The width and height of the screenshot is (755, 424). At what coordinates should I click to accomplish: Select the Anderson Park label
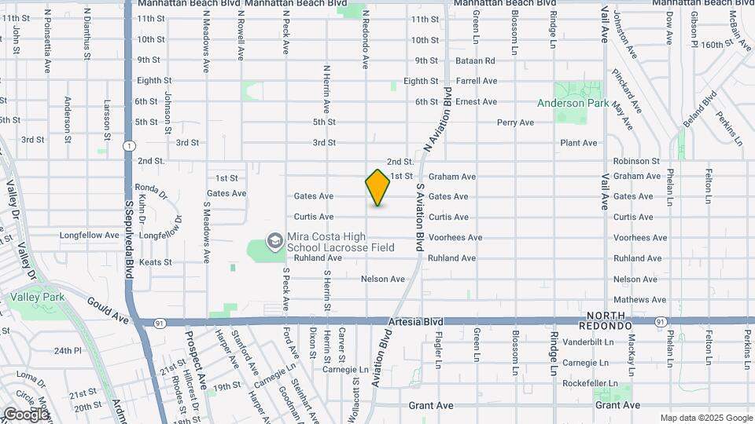coord(572,103)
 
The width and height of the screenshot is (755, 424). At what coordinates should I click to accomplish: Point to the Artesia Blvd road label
coord(415,322)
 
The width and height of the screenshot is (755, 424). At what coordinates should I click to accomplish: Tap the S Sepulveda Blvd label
coord(128,244)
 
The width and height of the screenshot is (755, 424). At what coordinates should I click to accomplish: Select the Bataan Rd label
coord(477,60)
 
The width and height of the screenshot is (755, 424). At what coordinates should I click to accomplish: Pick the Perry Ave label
coord(515,122)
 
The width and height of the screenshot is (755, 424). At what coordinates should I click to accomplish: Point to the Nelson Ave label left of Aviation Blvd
coord(382,279)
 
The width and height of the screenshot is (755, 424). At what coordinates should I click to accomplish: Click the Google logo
coord(26,414)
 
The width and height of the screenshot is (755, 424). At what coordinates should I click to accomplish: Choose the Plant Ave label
coord(578,143)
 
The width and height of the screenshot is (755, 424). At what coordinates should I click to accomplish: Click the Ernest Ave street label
coord(477,101)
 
